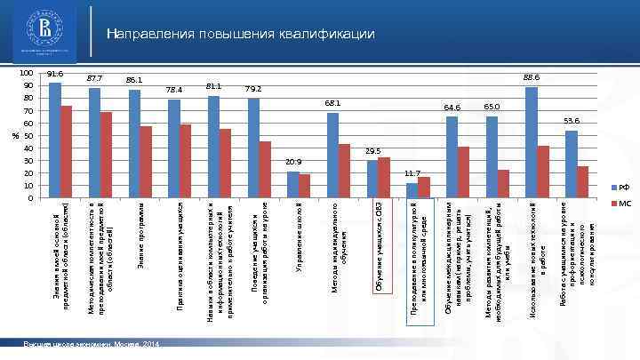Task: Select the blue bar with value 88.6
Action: [x=532, y=142]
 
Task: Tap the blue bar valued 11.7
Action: [x=412, y=190]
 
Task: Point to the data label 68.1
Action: [x=332, y=104]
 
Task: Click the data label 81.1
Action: [x=213, y=87]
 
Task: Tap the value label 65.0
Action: [x=492, y=107]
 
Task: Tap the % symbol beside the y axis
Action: [x=14, y=136]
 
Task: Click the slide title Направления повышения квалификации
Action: [x=241, y=34]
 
